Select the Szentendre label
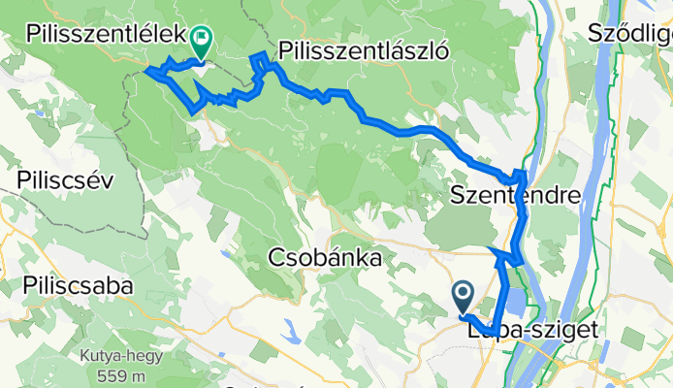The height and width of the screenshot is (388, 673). pyautogui.click(x=515, y=197)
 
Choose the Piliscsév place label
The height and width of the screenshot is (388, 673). pyautogui.click(x=66, y=180)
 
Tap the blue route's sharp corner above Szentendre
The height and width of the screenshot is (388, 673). pyautogui.click(x=523, y=174)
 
